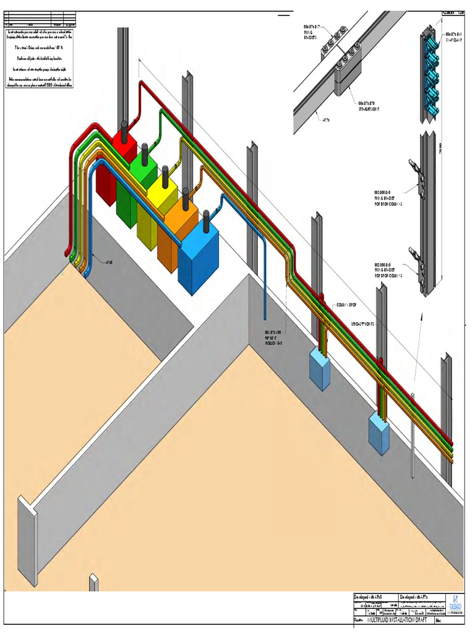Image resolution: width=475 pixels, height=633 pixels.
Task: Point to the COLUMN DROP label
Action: [x=346, y=305]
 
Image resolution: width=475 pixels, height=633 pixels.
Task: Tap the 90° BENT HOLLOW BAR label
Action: [x=278, y=337]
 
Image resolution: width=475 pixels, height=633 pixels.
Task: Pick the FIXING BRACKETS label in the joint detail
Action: [x=310, y=32]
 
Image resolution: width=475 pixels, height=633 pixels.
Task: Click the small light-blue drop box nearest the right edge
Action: [x=378, y=430]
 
